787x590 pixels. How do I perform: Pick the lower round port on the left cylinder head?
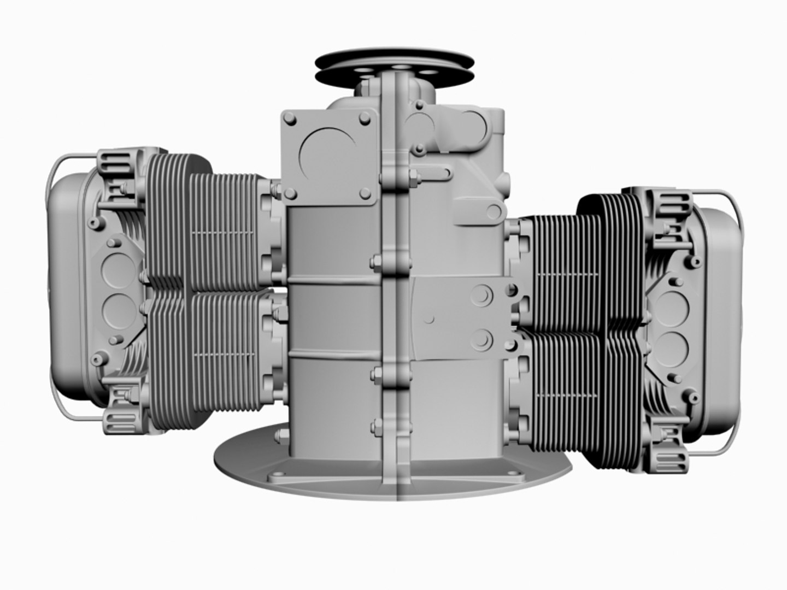[x=116, y=309]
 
